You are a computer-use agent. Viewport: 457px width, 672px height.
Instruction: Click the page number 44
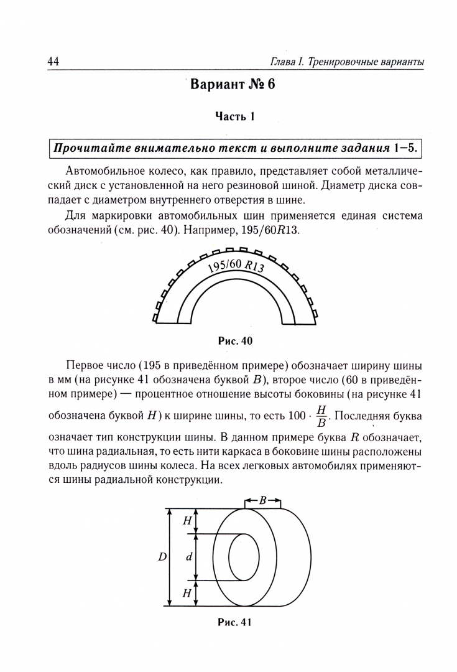click(x=53, y=61)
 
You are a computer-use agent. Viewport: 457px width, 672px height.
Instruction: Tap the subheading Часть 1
click(x=235, y=116)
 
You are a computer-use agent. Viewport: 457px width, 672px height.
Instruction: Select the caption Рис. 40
click(x=235, y=340)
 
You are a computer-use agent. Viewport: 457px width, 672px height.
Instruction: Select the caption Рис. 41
click(x=235, y=622)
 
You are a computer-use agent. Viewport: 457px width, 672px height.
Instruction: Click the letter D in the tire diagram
click(x=162, y=558)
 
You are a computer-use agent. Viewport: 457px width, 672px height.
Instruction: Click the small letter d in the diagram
click(x=188, y=558)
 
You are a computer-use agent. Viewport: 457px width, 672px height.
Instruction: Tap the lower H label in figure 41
click(x=187, y=594)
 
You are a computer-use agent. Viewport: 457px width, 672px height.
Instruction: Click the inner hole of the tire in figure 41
click(x=244, y=558)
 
